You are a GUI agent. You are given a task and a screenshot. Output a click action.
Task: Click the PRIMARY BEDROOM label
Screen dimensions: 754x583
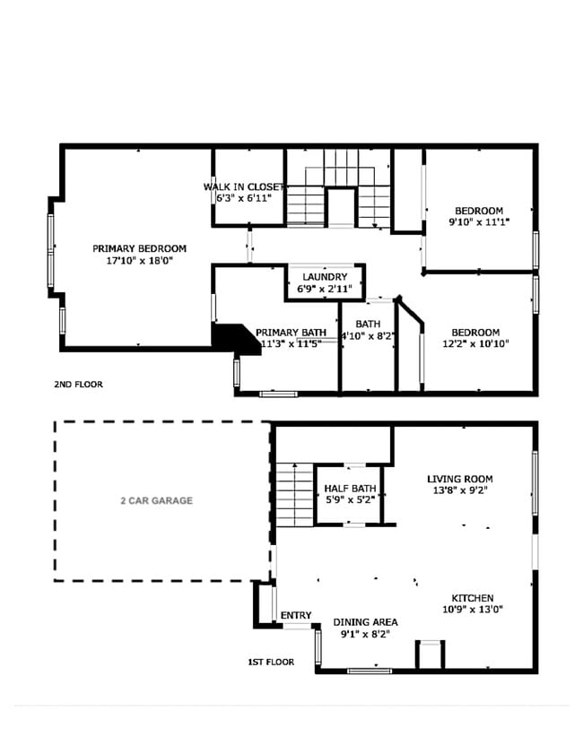point(139,248)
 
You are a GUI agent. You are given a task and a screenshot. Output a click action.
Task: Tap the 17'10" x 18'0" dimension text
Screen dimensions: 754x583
point(139,261)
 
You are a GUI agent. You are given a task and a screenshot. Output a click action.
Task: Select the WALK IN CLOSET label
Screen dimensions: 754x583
point(243,186)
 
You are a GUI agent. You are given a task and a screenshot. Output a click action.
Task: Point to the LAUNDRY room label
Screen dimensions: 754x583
point(324,277)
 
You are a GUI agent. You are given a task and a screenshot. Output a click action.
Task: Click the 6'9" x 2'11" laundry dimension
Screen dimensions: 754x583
point(324,289)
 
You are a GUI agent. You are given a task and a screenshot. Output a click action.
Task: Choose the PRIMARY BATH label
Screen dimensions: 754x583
point(291,332)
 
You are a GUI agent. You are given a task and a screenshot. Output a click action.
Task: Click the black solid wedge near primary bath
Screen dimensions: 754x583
point(232,339)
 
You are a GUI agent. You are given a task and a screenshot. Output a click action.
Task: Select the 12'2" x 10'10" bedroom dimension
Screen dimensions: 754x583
point(475,343)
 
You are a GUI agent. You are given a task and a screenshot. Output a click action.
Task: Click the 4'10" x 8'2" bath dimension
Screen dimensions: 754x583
point(368,336)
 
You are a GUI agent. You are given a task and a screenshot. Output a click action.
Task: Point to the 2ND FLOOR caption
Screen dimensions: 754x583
point(78,385)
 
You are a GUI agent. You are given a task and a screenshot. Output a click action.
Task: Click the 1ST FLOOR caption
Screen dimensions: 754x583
point(271,663)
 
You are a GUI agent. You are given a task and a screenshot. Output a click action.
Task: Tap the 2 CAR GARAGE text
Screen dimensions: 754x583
point(156,500)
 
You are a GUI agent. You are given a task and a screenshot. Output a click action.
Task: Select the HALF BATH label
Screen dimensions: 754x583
point(350,489)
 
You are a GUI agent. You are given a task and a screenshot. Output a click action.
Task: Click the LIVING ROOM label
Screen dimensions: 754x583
point(459,479)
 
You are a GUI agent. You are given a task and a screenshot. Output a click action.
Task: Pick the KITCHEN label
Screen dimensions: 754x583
point(472,598)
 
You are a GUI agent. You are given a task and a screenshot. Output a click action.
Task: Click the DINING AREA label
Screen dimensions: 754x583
point(365,622)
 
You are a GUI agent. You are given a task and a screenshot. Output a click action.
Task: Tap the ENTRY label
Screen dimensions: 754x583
point(296,615)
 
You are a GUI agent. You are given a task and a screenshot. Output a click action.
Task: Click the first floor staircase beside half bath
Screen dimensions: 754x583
point(292,494)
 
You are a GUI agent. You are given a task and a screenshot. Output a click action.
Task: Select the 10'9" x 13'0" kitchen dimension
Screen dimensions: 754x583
point(472,610)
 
